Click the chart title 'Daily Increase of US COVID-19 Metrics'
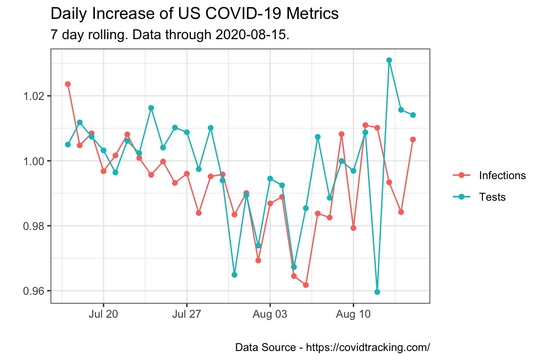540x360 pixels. point(194,14)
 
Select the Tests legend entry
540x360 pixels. point(492,197)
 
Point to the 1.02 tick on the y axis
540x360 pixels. point(34,96)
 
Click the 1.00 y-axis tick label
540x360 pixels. point(34,161)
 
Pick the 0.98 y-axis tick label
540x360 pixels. point(34,226)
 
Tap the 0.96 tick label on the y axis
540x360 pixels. point(34,291)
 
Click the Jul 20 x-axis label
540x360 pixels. point(103,315)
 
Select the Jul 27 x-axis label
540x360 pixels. point(187,315)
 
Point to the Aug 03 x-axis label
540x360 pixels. point(270,315)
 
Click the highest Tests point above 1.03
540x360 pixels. point(389,60)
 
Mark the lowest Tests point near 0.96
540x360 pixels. point(377,292)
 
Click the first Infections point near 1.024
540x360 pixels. point(68,84)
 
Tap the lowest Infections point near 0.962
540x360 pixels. point(306,285)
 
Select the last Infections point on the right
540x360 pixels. point(413,139)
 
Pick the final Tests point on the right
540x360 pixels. point(413,115)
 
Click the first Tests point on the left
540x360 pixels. point(68,144)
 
